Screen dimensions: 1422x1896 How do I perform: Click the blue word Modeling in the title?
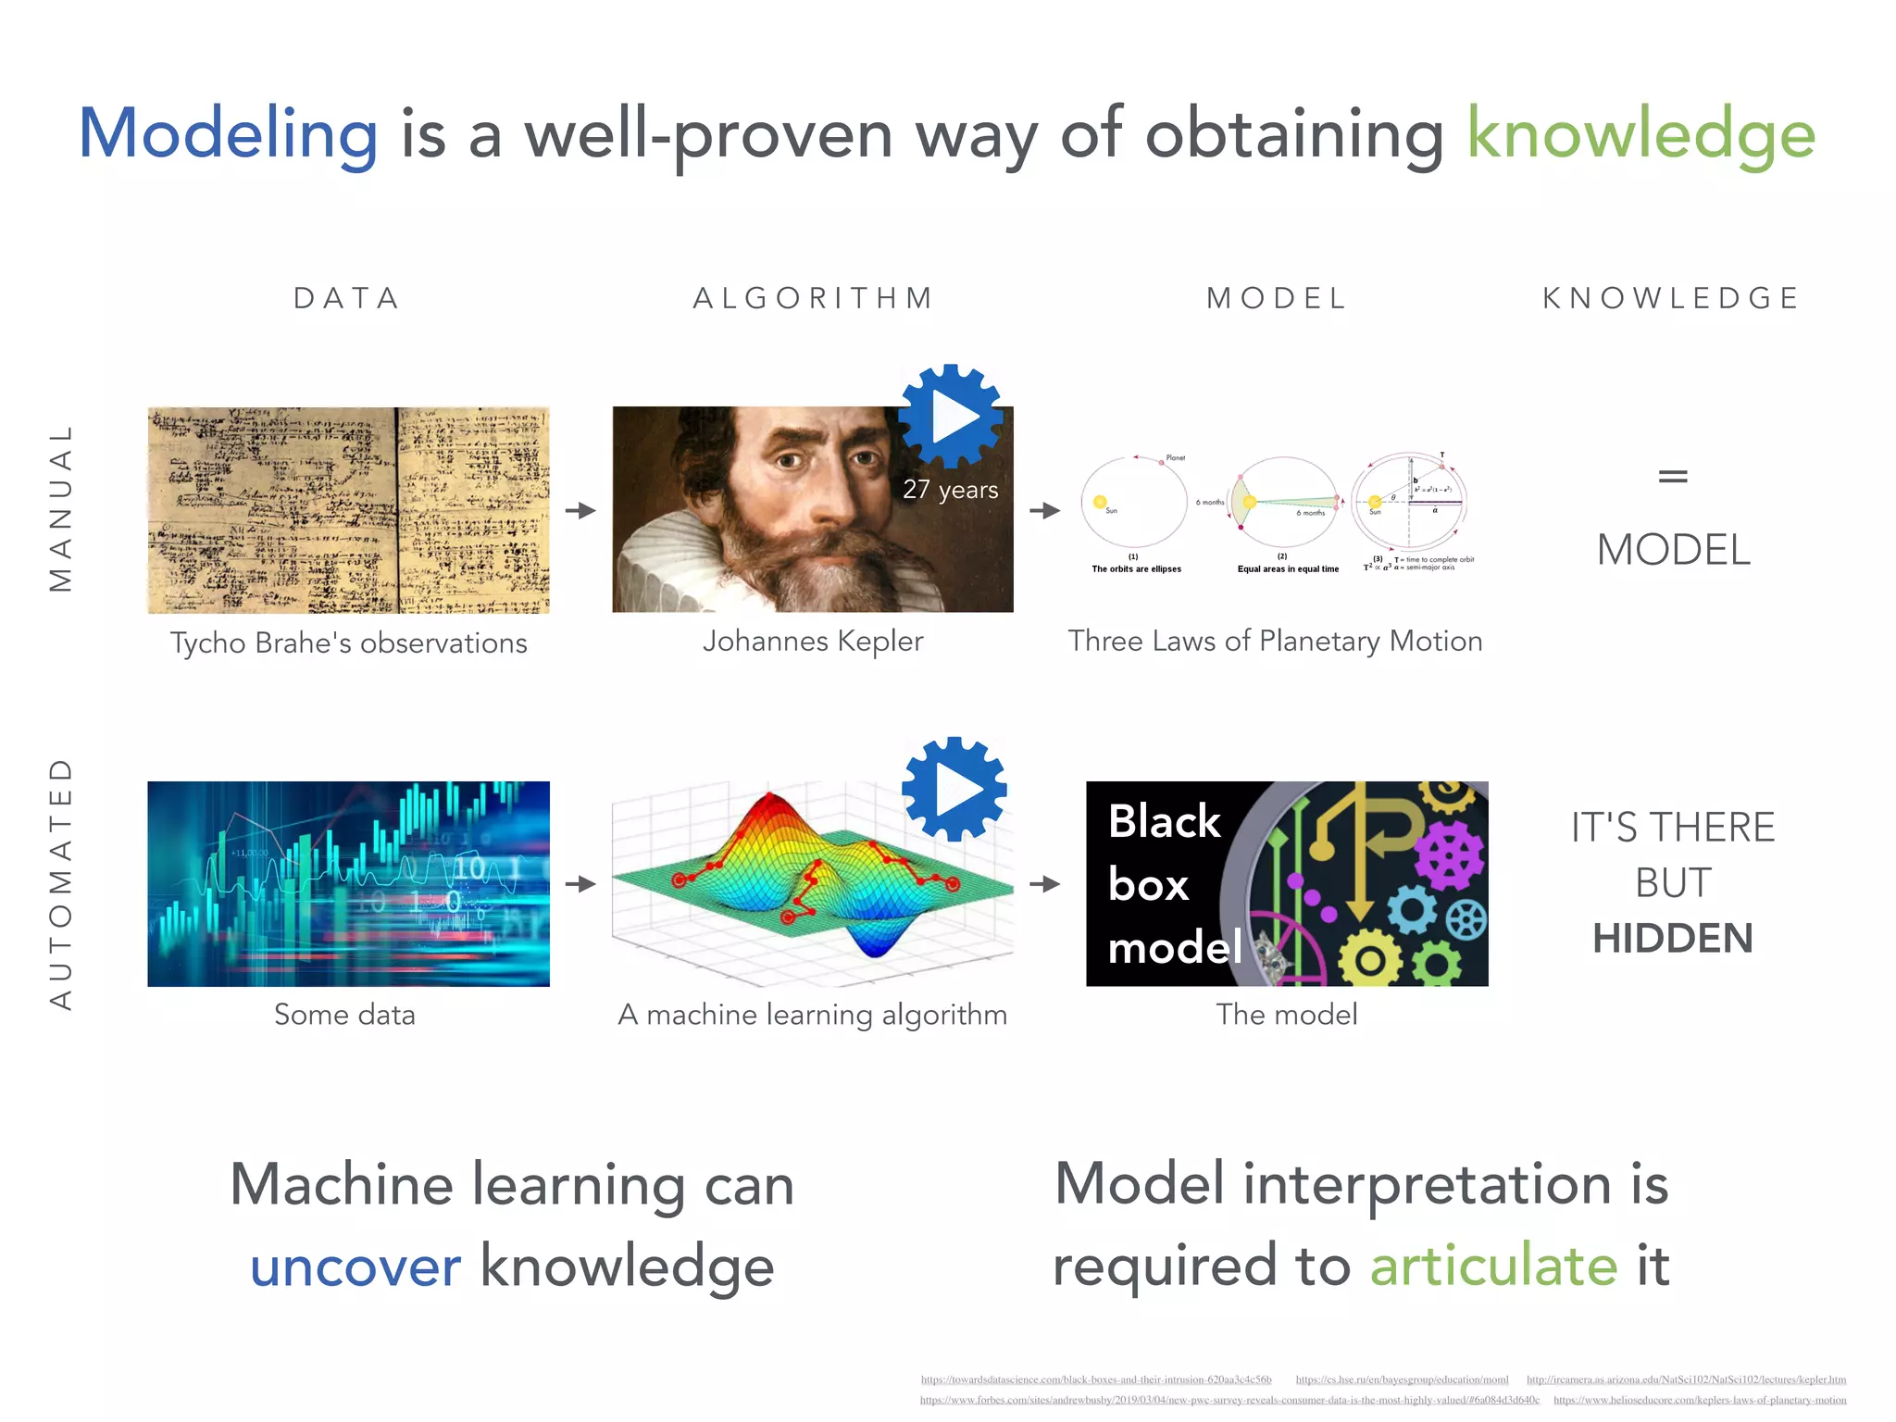(228, 134)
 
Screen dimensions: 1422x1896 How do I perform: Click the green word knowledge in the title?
(1640, 134)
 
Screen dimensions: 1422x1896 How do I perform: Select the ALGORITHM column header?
(814, 298)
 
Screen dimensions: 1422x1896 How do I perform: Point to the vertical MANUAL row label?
(60, 508)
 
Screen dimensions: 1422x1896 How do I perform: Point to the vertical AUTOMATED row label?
(60, 884)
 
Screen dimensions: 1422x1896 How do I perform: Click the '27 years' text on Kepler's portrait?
(950, 490)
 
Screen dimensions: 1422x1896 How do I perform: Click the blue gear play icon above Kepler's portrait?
(951, 417)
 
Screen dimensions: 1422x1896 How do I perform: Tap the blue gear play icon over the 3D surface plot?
(954, 789)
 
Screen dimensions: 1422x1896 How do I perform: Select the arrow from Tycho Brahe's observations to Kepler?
(580, 510)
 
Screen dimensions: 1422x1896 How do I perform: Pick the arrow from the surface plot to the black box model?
(1045, 884)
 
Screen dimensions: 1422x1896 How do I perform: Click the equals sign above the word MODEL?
(1672, 477)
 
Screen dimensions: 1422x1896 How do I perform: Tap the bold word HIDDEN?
(1672, 938)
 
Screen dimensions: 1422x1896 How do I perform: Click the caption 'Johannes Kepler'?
(813, 641)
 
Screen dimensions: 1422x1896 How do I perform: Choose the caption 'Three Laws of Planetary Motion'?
(1275, 641)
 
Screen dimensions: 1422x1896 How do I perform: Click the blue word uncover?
(355, 1266)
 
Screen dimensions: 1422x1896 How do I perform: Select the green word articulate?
(1493, 1266)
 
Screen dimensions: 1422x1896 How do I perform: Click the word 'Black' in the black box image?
(1164, 821)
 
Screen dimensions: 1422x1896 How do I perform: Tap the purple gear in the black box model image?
(1448, 856)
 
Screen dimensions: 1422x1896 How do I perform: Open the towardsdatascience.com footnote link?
(1095, 1379)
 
